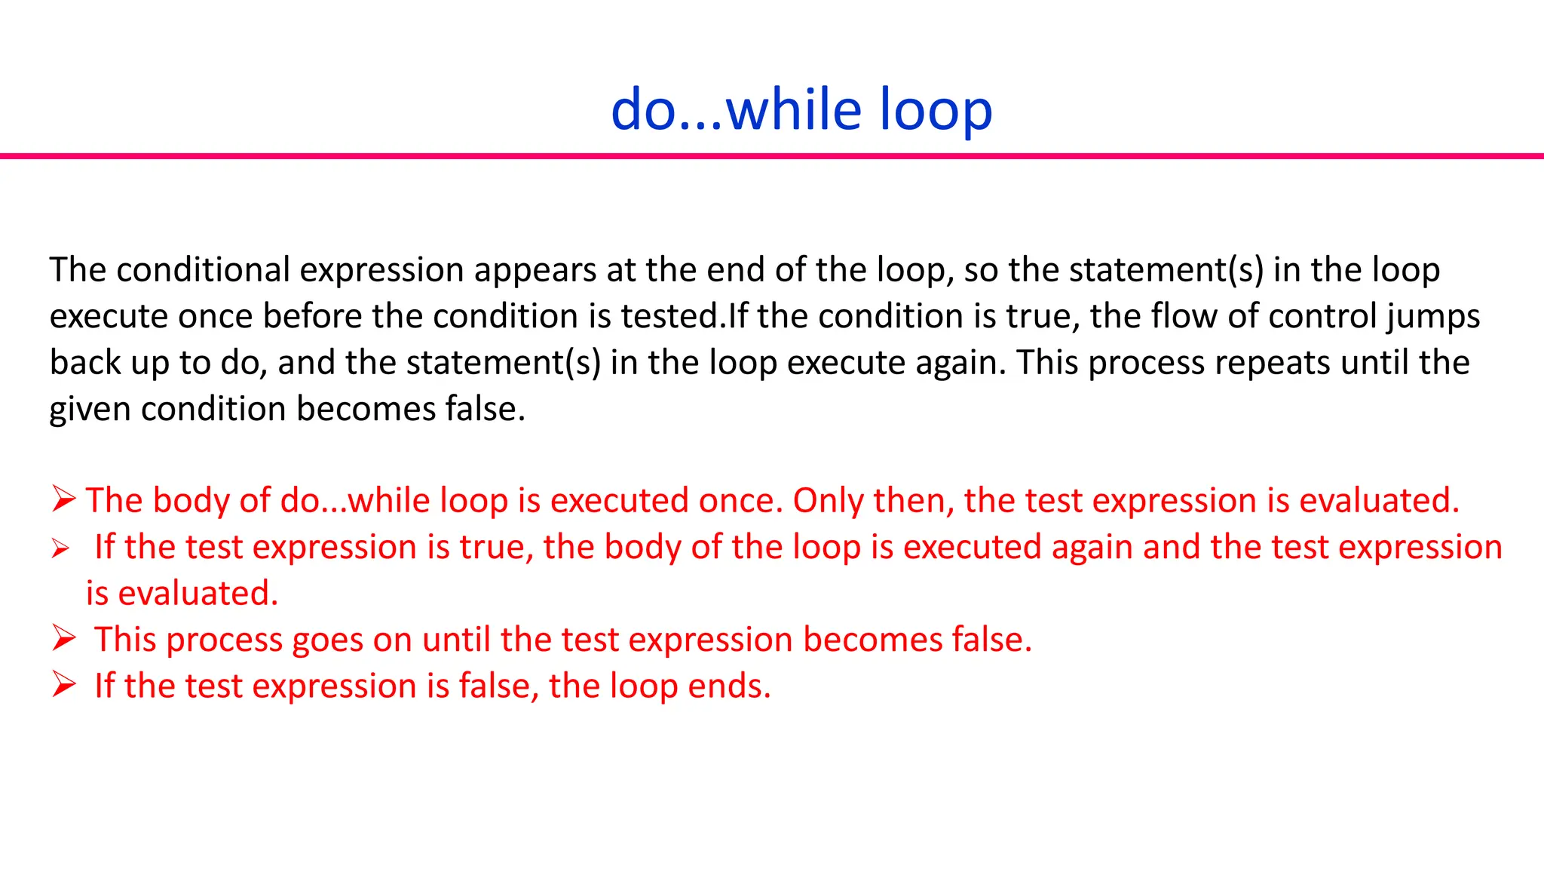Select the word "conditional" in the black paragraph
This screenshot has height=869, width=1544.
click(x=203, y=270)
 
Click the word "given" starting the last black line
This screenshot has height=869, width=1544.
click(x=90, y=410)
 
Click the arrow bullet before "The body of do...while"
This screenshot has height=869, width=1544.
click(x=64, y=499)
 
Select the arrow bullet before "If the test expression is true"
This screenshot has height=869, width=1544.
click(x=61, y=549)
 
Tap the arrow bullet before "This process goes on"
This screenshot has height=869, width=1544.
click(x=64, y=639)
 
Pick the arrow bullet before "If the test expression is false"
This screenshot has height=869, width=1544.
click(x=64, y=685)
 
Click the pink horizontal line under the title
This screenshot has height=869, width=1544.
click(x=772, y=156)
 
